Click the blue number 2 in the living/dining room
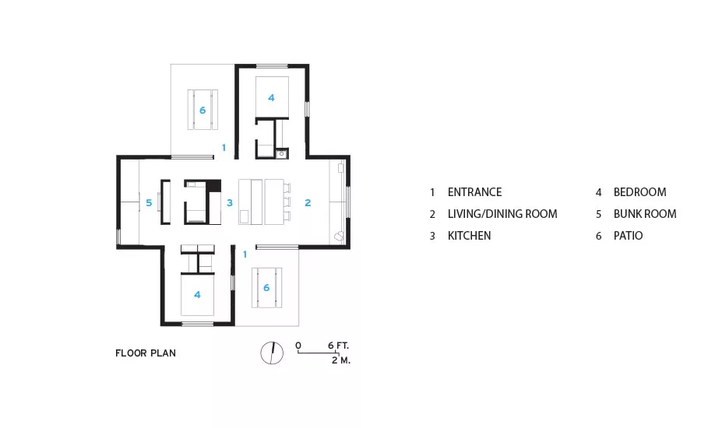tap(308, 203)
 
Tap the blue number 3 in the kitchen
tap(230, 203)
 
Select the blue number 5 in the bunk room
tap(149, 203)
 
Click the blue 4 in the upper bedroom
tap(271, 98)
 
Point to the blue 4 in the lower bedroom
tap(197, 295)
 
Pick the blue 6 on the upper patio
tap(203, 111)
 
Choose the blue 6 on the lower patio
tap(266, 288)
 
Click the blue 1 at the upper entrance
tap(224, 147)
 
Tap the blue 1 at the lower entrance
tap(245, 254)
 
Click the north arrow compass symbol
tap(272, 353)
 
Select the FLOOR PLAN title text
tap(146, 353)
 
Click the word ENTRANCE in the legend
tap(475, 192)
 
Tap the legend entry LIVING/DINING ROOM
tap(502, 214)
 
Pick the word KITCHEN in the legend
tap(470, 236)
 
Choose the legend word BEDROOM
tap(639, 192)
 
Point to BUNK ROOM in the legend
tap(645, 214)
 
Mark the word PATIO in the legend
tap(628, 236)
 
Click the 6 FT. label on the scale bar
tap(338, 346)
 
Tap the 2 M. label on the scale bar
tap(341, 360)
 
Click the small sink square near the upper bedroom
tap(282, 154)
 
